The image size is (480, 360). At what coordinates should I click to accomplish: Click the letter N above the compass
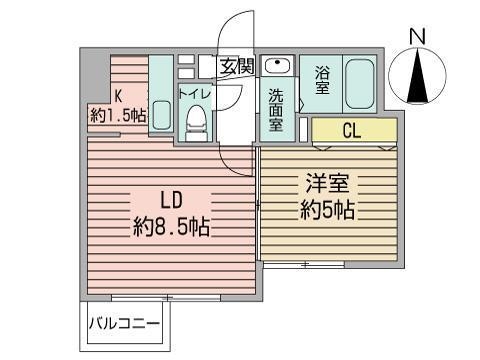coord(417,37)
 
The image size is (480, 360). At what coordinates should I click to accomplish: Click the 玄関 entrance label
coord(237,66)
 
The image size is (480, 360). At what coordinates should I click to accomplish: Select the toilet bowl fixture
coord(196,123)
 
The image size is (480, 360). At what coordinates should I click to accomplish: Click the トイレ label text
coord(195,94)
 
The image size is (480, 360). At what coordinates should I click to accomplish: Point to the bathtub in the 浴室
coord(360,86)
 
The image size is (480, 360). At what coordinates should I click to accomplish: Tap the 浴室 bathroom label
coord(322,80)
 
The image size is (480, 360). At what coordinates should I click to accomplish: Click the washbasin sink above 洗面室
coord(277,65)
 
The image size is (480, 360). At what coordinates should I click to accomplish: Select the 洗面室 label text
coord(276,110)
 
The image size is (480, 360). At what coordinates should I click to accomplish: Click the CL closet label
coord(352,131)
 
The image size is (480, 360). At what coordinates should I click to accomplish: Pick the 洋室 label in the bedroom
coord(327,183)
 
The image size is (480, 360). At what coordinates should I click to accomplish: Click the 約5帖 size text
coord(327,211)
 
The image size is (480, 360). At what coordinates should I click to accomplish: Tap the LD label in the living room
coord(171,200)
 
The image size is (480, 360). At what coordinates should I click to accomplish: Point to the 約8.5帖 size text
coord(171,227)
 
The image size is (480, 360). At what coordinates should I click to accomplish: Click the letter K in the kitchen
coord(118,96)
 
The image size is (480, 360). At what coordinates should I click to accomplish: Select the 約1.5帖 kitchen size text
coord(118,115)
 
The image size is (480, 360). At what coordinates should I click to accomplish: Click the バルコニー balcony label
coord(124,324)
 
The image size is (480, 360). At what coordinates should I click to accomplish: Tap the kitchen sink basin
coord(162,115)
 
